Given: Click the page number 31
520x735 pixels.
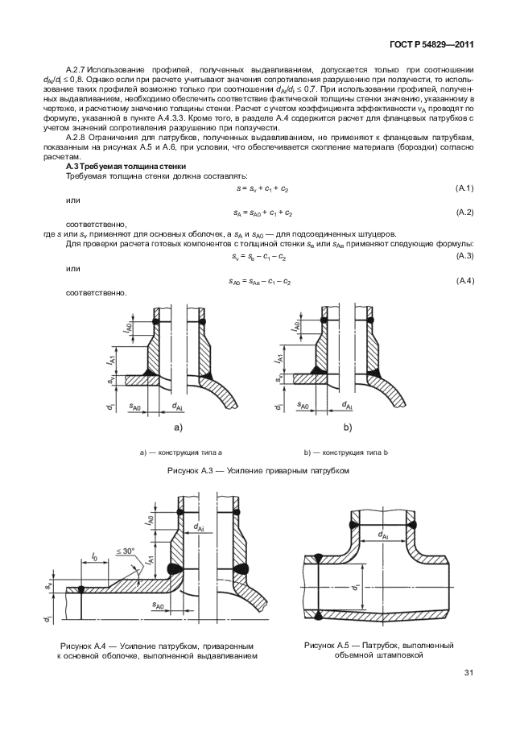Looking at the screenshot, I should [468, 673].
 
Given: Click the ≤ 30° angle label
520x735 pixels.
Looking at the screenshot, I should [126, 551].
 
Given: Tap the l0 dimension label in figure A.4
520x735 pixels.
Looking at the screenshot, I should [94, 556].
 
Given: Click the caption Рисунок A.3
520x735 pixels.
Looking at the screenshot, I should [258, 471].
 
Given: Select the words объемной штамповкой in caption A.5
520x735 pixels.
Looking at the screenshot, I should [378, 655].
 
